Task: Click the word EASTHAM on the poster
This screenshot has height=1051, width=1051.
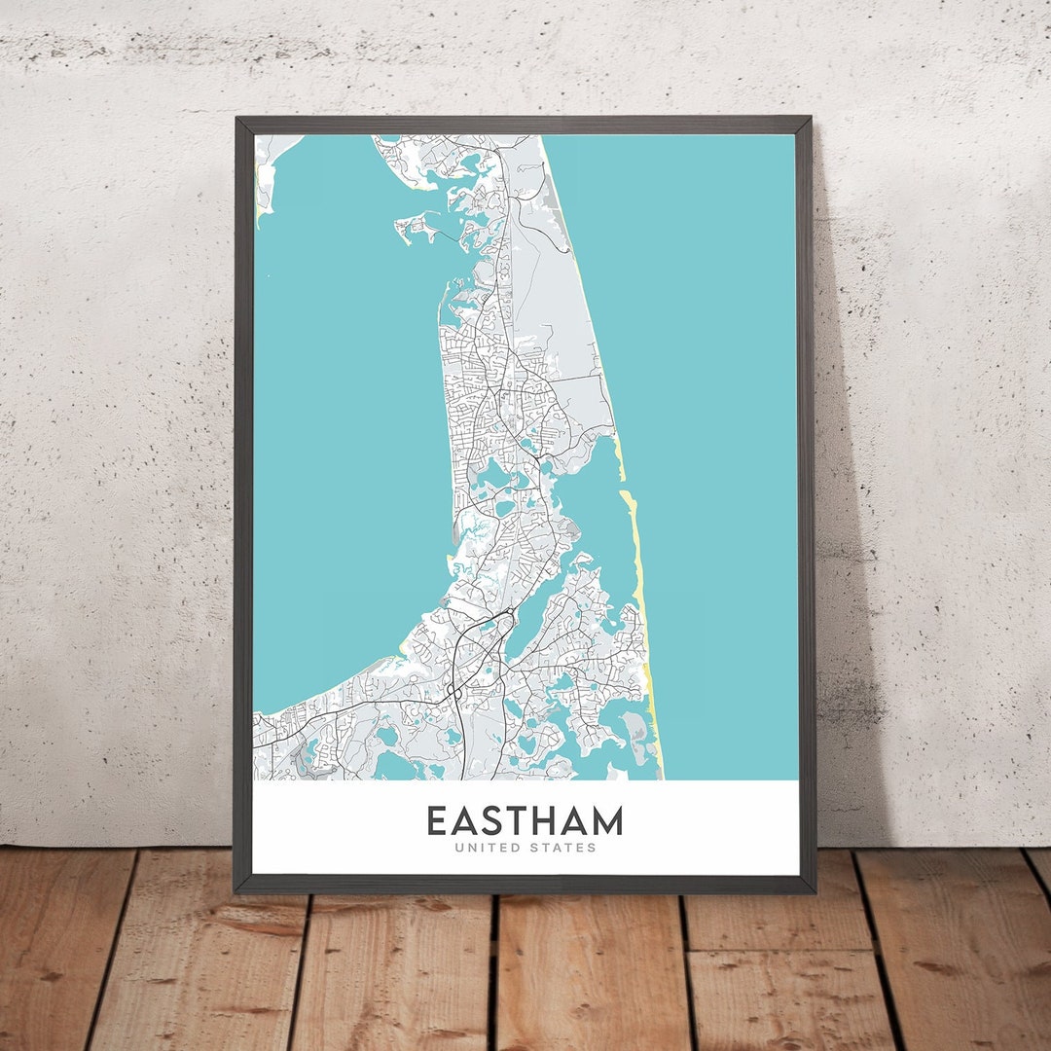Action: pos(524,820)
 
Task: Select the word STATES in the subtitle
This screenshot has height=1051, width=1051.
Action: pos(562,848)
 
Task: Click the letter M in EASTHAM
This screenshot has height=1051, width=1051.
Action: pos(605,820)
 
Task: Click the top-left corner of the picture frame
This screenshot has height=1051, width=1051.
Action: pos(236,119)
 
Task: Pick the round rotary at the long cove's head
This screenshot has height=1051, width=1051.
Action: pos(506,616)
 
